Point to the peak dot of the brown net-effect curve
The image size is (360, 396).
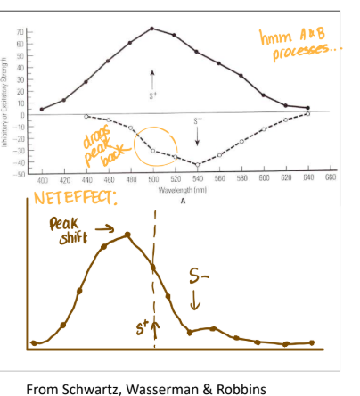(x=129, y=235)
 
